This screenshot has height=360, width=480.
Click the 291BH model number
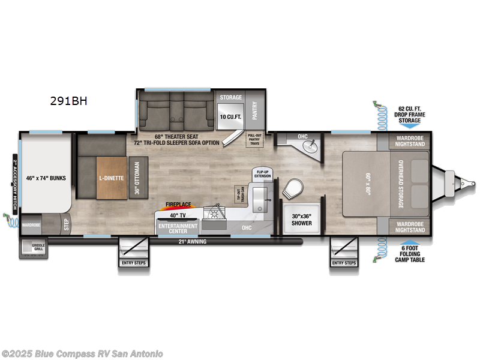68,101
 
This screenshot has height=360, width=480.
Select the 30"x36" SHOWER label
302,220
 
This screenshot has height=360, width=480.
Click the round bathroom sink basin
310,145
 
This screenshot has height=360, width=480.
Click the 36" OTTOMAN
137,178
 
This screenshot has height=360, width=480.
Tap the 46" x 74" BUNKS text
46,178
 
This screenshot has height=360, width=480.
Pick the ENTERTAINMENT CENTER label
178,228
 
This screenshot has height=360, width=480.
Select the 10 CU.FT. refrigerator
230,116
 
